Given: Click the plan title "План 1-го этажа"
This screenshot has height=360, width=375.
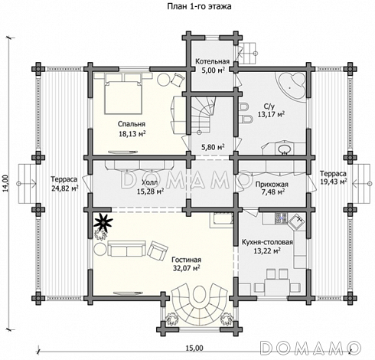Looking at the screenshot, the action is [x=199, y=6].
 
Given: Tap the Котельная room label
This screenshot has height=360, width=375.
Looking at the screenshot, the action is [x=213, y=61].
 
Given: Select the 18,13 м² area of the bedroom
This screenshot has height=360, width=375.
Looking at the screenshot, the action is [x=132, y=133].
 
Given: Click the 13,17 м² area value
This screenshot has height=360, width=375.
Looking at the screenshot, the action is [x=271, y=114].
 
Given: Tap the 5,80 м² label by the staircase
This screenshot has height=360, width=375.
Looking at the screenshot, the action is [x=213, y=147].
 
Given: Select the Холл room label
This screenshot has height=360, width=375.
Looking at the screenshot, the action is [x=149, y=182].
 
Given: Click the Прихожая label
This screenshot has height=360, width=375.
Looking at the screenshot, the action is [x=272, y=185].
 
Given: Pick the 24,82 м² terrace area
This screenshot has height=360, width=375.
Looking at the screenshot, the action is [x=64, y=188].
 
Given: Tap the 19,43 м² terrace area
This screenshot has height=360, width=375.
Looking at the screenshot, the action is [x=333, y=182].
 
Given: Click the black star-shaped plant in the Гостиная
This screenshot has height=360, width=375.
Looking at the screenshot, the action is [x=103, y=221].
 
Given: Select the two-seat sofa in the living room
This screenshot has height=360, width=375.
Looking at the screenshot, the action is [x=126, y=248].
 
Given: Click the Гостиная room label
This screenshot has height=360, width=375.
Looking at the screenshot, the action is [x=186, y=260].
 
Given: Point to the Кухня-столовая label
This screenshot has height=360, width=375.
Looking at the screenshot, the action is [x=267, y=242].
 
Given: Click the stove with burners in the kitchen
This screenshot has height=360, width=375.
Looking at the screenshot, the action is [x=281, y=218].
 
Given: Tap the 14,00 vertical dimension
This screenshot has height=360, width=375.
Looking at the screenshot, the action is [x=5, y=183].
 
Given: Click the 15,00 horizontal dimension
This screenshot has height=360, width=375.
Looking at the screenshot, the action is [x=194, y=348].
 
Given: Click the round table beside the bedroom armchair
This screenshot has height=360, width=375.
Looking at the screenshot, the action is [x=164, y=79].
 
